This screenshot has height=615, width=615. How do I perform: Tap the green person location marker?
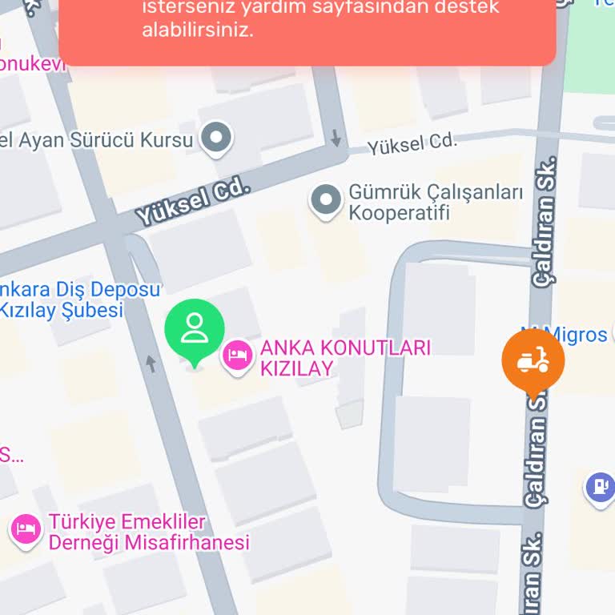(x=195, y=329)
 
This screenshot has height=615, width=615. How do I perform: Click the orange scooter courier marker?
(x=533, y=361)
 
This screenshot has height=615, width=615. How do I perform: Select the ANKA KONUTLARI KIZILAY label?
(x=345, y=358)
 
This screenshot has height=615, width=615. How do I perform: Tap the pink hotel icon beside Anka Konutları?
(x=237, y=355)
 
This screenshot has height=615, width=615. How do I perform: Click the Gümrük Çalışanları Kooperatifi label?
(x=435, y=203)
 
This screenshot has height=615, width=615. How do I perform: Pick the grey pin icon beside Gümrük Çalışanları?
(x=325, y=201)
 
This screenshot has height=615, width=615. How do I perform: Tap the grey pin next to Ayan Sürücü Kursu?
(x=215, y=138)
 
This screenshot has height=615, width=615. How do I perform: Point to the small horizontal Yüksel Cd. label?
(x=412, y=144)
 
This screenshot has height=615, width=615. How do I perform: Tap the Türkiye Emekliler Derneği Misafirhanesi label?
(x=149, y=532)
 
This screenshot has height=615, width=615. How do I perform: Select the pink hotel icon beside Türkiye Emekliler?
(x=26, y=529)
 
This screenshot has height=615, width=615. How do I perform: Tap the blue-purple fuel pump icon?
(x=599, y=485)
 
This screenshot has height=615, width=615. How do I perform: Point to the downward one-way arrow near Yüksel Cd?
(x=336, y=138)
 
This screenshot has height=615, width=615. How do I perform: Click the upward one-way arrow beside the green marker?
(x=151, y=364)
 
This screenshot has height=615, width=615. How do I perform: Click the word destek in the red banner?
(x=467, y=8)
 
